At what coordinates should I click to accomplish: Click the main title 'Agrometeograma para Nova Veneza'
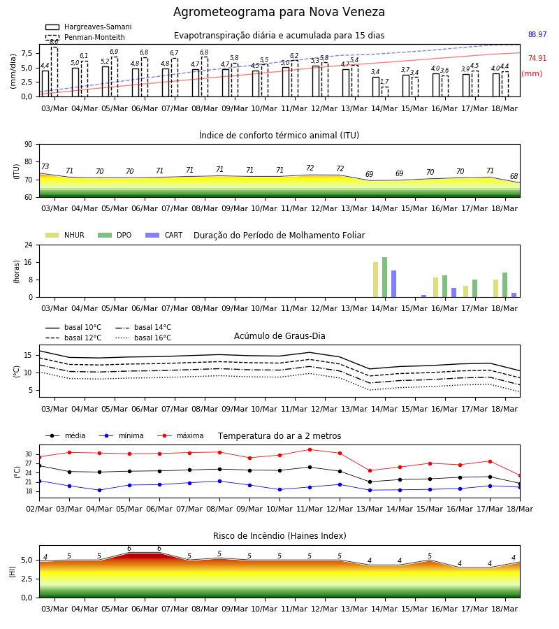coord(279,12)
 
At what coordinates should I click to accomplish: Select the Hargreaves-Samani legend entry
coord(89,27)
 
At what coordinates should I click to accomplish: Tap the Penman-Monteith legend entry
coord(85,37)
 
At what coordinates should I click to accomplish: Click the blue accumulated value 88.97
coord(537,34)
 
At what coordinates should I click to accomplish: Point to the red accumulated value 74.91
coord(537,58)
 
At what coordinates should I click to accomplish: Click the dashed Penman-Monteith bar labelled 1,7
coord(384,92)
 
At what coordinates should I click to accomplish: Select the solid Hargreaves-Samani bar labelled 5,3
coord(316,82)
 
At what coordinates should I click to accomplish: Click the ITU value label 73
coord(45,166)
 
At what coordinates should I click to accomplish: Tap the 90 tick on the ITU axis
coord(29,145)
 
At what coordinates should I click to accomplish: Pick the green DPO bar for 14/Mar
coord(384,277)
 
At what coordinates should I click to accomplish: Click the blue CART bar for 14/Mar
coord(394,284)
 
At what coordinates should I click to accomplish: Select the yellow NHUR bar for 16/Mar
coord(435,287)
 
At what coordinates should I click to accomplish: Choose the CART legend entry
coord(164,235)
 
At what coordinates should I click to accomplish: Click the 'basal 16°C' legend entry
coord(143,338)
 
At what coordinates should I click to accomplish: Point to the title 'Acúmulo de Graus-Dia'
coord(279,336)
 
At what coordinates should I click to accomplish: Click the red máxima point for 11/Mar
coord(310,449)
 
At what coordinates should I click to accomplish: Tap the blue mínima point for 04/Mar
coord(99,490)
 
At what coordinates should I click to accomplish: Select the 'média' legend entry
coord(66,435)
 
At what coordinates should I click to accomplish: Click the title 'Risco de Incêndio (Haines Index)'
coord(279,536)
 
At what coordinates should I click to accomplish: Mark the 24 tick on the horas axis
coord(29,245)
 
